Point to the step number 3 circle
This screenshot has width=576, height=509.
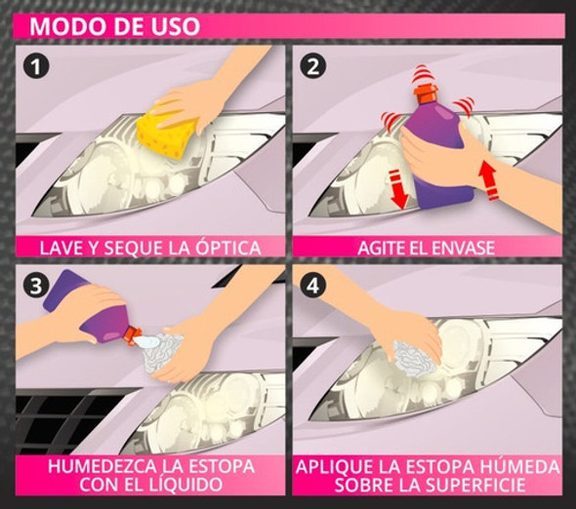click(x=35, y=289)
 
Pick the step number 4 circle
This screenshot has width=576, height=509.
click(x=315, y=289)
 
